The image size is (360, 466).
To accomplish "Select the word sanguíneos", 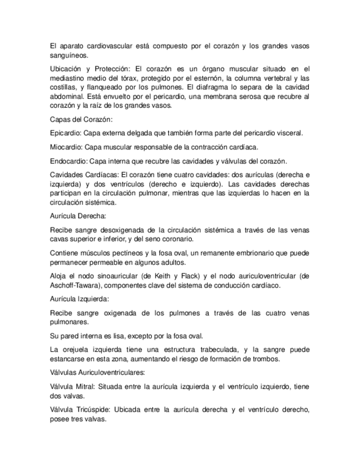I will click(x=68, y=56).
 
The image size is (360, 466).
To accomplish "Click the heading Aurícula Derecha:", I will click(x=78, y=216).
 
